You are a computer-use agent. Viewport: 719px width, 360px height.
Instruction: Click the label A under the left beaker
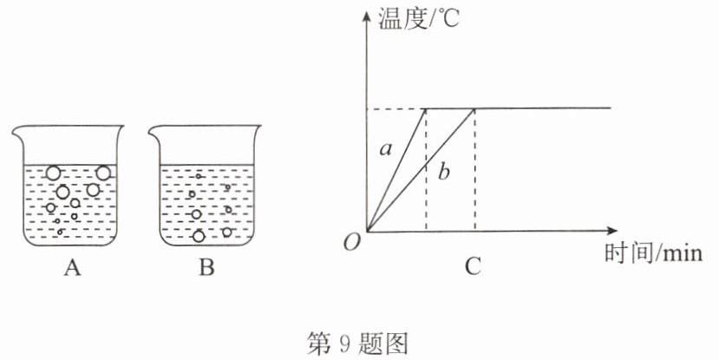click(72, 268)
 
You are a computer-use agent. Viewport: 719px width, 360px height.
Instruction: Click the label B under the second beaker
click(206, 268)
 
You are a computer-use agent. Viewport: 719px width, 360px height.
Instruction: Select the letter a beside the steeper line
click(387, 149)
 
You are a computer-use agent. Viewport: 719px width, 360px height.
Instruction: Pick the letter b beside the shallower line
click(444, 173)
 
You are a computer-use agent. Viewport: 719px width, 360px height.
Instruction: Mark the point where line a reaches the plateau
click(426, 108)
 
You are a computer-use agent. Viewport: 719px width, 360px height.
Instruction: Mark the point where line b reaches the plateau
click(474, 108)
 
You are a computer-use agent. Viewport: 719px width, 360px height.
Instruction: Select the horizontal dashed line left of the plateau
click(395, 108)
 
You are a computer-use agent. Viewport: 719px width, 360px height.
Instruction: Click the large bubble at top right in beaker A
click(103, 173)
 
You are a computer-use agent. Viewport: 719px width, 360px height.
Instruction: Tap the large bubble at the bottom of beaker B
click(199, 236)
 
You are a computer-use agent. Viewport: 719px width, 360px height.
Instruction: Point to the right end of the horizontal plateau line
click(610, 108)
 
